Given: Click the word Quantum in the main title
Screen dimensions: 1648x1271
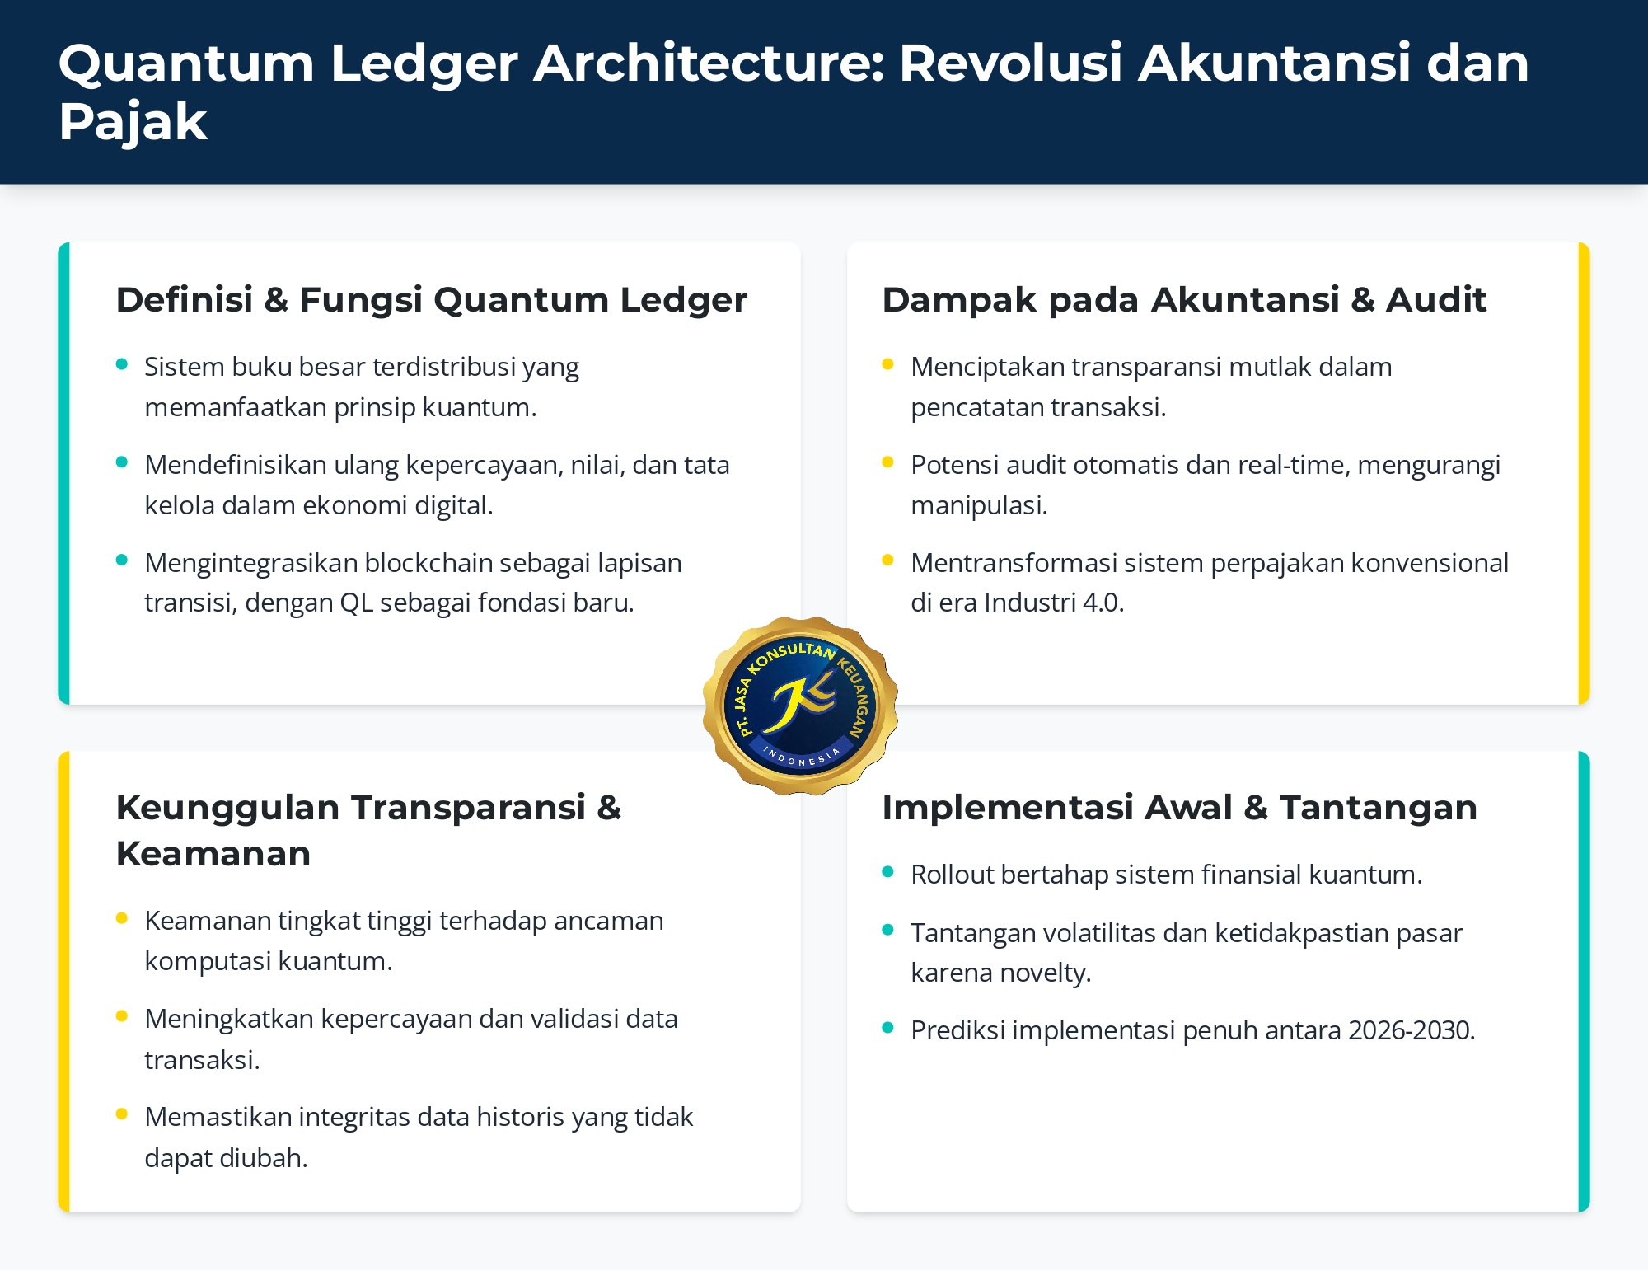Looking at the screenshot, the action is pyautogui.click(x=187, y=64).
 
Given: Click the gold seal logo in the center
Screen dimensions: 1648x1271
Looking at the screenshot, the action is pyautogui.click(x=800, y=706).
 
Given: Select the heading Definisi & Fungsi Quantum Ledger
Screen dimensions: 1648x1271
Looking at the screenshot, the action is pyautogui.click(x=432, y=299).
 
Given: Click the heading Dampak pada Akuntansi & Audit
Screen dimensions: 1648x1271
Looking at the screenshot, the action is pyautogui.click(x=1184, y=299).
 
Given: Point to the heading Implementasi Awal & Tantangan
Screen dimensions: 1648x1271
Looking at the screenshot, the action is pyautogui.click(x=1179, y=807).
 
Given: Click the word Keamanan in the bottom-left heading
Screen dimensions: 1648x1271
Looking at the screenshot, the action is pyautogui.click(x=213, y=854).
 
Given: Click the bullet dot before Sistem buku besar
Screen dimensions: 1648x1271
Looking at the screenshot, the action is pyautogui.click(x=122, y=364).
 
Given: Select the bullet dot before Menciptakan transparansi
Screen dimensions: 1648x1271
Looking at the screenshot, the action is pyautogui.click(x=887, y=364).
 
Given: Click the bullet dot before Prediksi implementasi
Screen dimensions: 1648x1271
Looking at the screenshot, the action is pyautogui.click(x=887, y=1028).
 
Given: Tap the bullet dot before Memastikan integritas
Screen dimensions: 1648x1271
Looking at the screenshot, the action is pyautogui.click(x=122, y=1114).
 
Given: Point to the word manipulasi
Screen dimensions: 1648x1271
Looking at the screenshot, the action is pyautogui.click(x=979, y=505).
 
